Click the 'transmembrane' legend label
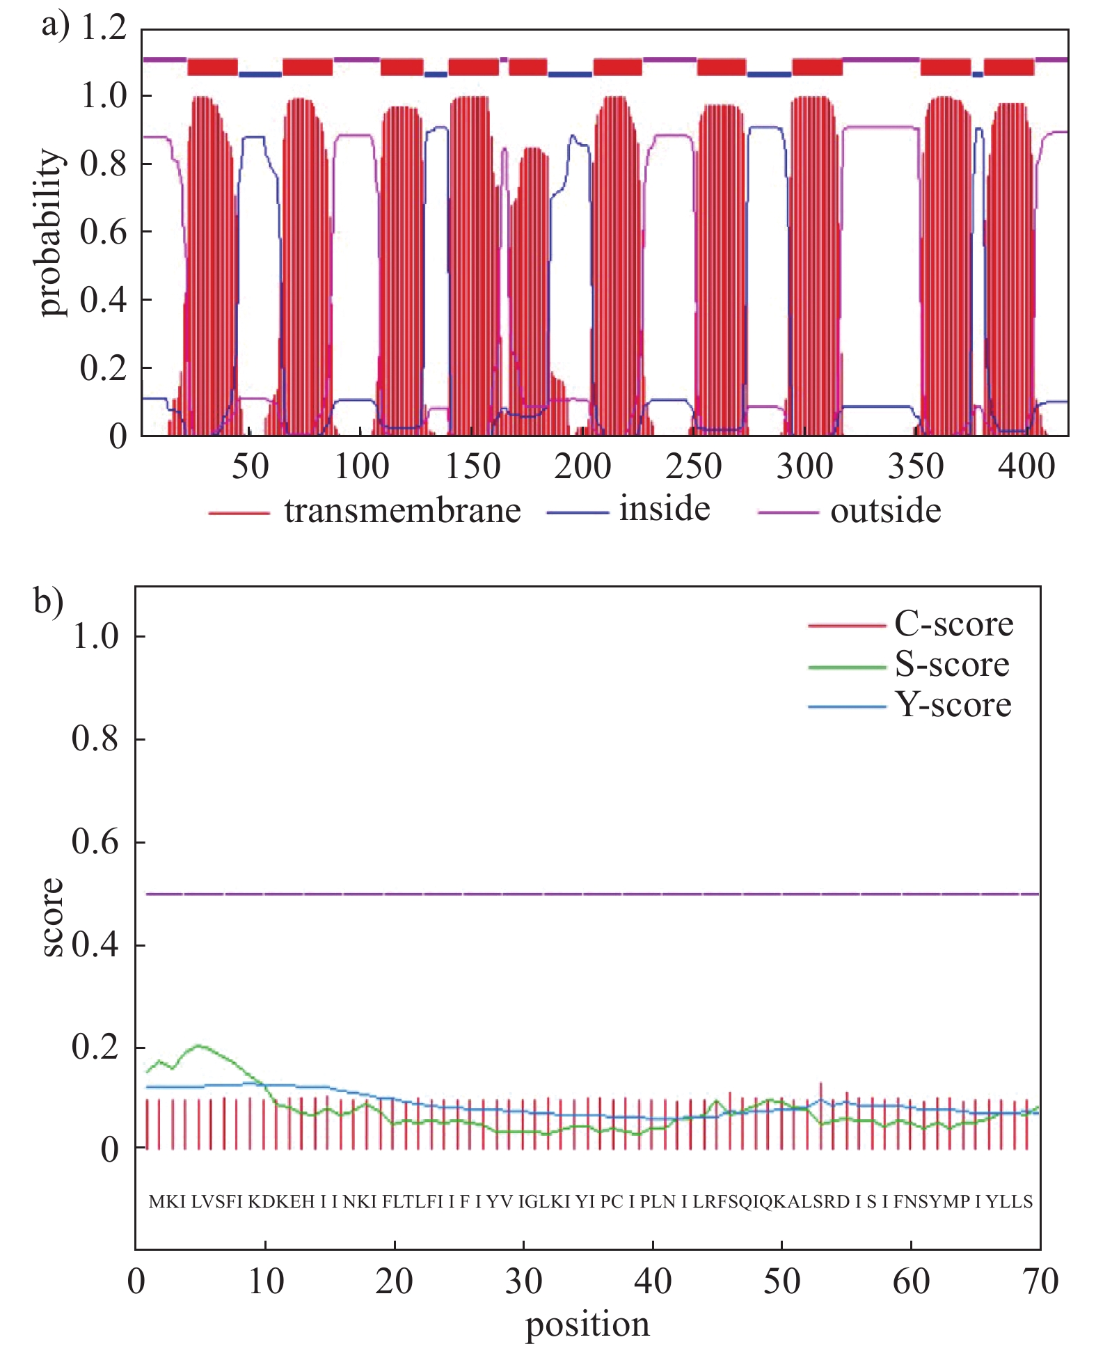coord(402,512)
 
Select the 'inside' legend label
coord(665,509)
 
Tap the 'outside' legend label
coord(885,512)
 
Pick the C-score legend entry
coord(953,624)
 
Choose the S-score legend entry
coord(951,665)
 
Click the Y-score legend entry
coord(953,705)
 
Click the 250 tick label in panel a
coord(693,467)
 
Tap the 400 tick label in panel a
coord(1026,467)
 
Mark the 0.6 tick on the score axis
coord(95,842)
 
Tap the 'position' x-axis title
coord(587,1325)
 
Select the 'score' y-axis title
coord(51,917)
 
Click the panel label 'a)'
coord(56,26)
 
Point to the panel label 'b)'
coord(49,601)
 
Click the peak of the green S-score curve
coord(199,1045)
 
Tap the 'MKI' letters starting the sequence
coord(167,1202)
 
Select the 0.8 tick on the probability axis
coord(104,164)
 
